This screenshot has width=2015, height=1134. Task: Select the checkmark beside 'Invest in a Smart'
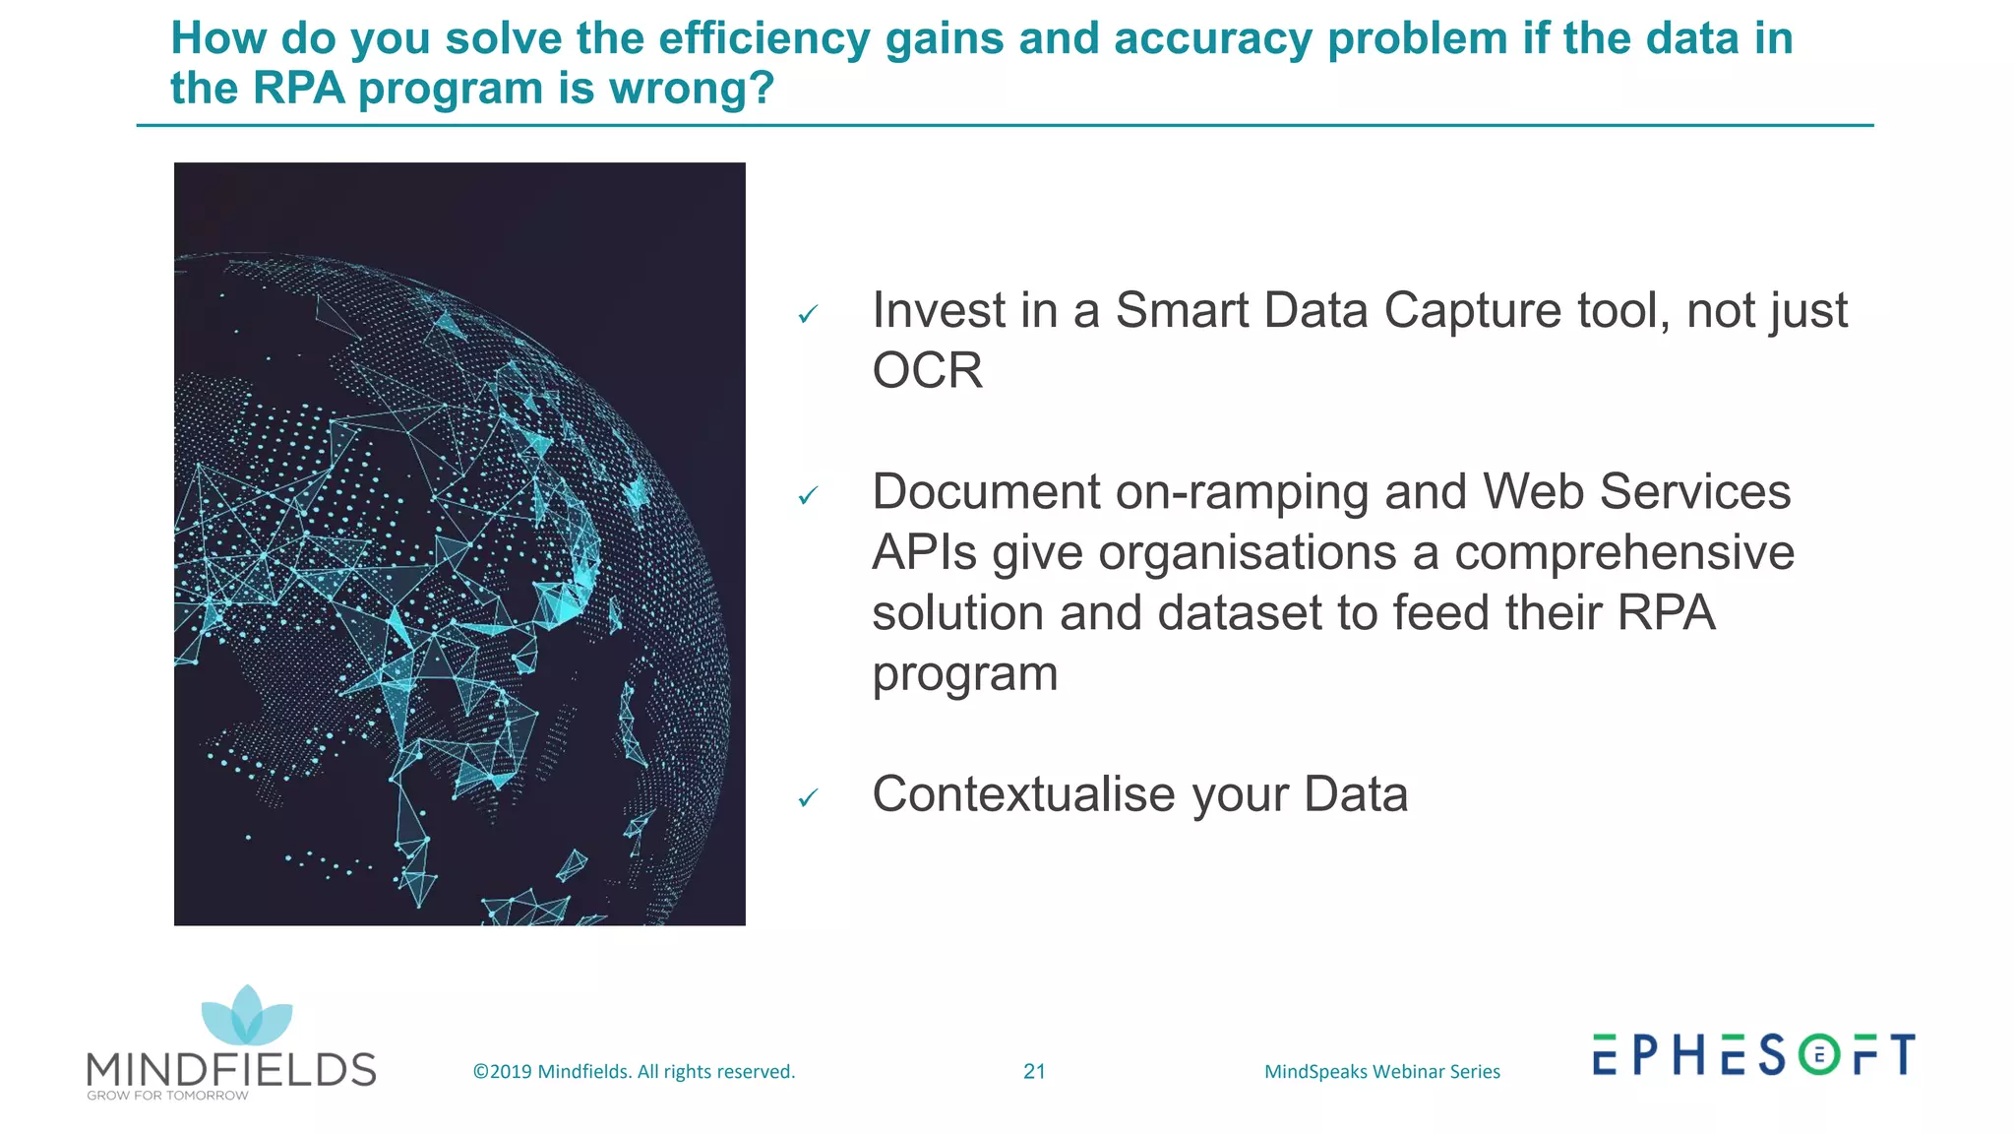(808, 314)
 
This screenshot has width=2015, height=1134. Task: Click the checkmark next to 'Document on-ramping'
(808, 495)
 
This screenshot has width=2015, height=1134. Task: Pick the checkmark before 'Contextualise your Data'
(808, 797)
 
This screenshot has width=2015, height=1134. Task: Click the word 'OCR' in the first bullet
(927, 371)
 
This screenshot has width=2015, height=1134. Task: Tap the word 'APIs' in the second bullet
(924, 552)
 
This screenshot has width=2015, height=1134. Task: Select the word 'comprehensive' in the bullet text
(1623, 552)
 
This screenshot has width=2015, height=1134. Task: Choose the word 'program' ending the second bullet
(964, 675)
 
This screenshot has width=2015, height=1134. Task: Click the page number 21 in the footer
(1034, 1071)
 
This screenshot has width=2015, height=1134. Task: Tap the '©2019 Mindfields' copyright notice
(634, 1071)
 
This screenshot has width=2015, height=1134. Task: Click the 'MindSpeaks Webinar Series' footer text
(1381, 1071)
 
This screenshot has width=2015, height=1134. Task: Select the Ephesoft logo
(1753, 1054)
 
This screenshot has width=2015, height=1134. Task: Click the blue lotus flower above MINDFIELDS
(247, 1017)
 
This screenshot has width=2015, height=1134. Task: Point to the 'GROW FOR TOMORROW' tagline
(167, 1096)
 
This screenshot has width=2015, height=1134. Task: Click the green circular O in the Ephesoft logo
(1819, 1055)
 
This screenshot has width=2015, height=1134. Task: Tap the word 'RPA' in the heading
(298, 89)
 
